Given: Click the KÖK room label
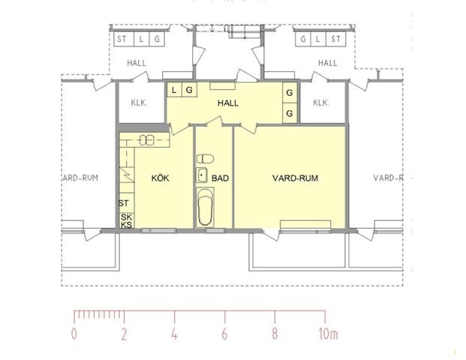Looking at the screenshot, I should click(161, 178).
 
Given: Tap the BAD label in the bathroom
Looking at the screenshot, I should click(220, 178).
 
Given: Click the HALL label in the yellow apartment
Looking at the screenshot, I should click(228, 103).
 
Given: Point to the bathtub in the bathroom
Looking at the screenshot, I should click(204, 208).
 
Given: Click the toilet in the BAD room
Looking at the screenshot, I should click(205, 159).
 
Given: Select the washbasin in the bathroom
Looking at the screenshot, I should click(202, 175).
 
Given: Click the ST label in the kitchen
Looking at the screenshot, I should click(124, 203).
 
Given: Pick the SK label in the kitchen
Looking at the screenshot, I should click(126, 217).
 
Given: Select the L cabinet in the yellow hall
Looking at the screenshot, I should click(175, 90).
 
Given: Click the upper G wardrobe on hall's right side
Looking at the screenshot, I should click(289, 92).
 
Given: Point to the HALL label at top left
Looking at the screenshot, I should click(137, 64).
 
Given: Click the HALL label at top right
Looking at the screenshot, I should click(327, 64).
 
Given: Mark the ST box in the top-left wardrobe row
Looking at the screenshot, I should click(121, 39).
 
